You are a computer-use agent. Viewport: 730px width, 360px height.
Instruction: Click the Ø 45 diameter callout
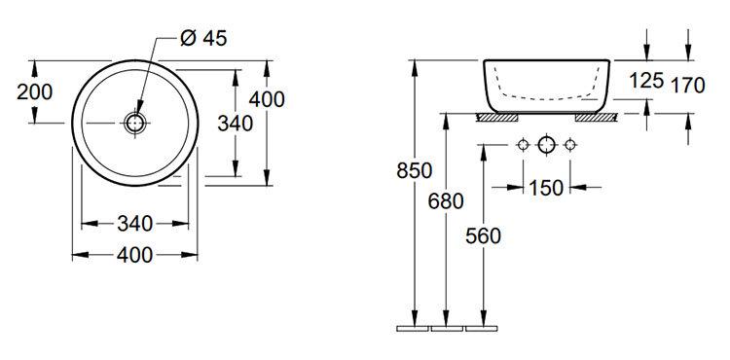204,38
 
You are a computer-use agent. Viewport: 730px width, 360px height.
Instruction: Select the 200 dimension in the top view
34,91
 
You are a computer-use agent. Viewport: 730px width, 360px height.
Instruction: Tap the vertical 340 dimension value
236,124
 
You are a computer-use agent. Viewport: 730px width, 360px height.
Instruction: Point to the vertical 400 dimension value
267,99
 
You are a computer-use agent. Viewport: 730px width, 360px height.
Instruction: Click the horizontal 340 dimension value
134,224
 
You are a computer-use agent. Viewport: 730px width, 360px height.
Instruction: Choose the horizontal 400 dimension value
134,255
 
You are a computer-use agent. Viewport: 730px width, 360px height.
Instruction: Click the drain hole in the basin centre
135,124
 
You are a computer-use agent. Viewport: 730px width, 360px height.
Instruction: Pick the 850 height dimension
415,170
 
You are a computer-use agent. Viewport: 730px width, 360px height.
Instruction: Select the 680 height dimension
446,201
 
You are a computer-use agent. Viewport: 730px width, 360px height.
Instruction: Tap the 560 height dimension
483,236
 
